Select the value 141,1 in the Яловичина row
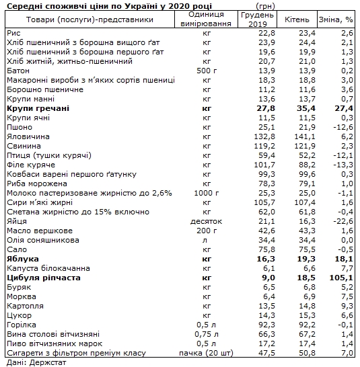295,136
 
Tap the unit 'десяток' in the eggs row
207,220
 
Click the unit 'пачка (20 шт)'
207,352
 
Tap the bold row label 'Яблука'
22,258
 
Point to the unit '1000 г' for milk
207,192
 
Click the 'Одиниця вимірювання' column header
207,20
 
